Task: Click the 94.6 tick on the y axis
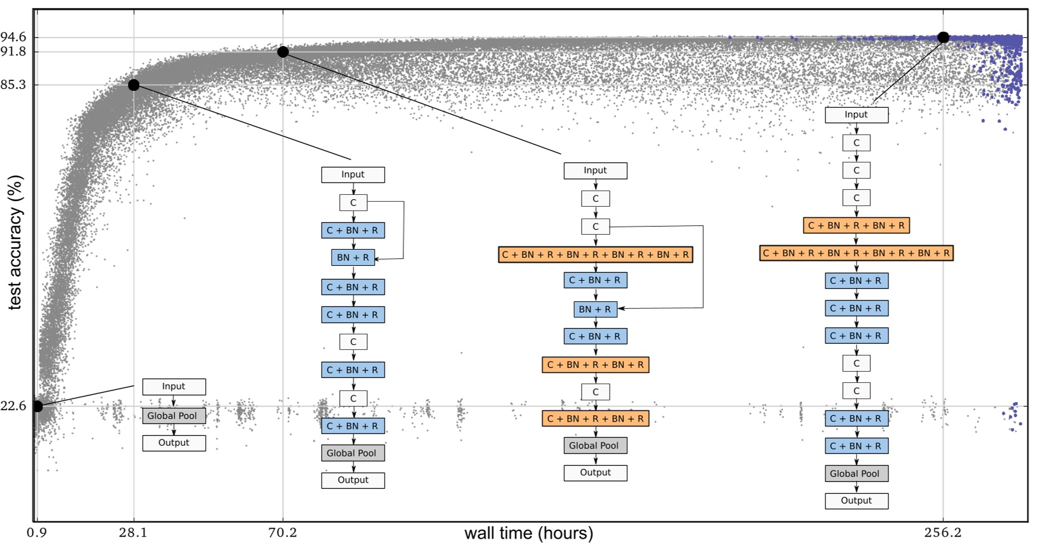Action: coord(13,37)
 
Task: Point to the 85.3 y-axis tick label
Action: coord(13,85)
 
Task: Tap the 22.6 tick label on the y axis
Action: coord(13,406)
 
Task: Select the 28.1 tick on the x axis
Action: coord(133,532)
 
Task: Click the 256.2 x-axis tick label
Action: coord(943,532)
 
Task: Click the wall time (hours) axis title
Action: coord(529,533)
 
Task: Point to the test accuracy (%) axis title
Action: coord(15,242)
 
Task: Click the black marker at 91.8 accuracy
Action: coord(283,52)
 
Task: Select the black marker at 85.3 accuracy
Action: coord(133,85)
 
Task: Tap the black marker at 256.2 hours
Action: coord(943,37)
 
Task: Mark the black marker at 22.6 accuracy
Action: coord(37,406)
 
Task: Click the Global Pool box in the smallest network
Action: coord(173,416)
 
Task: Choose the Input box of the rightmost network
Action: coord(856,115)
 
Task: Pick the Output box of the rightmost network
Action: coord(856,501)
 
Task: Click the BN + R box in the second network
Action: coord(353,257)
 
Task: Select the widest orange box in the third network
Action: coord(595,254)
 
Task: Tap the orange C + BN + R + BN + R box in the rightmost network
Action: coord(856,225)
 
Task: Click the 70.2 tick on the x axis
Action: coord(282,532)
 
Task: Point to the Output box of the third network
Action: coord(595,473)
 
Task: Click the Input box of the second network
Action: coord(353,174)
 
